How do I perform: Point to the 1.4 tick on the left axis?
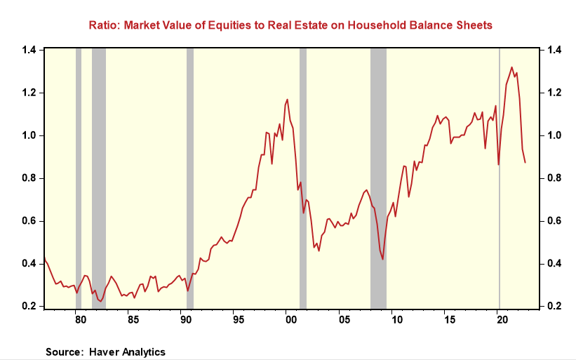coord(29,50)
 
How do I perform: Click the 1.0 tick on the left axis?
coord(29,135)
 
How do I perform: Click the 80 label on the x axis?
coord(80,320)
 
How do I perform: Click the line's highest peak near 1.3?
coord(511,68)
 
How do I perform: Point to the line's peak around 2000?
coord(287,100)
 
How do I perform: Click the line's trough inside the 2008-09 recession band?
coord(383,259)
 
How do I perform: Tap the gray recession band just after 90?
coord(189,175)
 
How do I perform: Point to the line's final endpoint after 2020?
coord(525,163)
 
